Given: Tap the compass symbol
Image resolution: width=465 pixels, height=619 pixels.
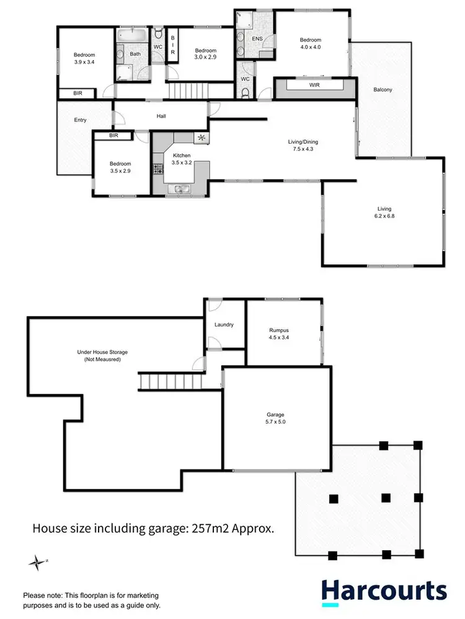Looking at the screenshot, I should (x=38, y=563).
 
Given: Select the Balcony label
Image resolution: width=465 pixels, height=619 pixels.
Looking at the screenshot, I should (x=383, y=90).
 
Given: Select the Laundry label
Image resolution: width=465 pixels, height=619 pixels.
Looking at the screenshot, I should (x=223, y=325).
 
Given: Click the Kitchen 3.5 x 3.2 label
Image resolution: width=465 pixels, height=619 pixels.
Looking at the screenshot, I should (x=182, y=159).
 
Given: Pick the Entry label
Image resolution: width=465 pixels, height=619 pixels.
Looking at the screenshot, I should (x=79, y=120).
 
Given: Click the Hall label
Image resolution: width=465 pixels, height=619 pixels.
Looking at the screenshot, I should (x=161, y=116).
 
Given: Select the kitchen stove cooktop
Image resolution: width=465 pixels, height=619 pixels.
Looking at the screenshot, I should (x=158, y=168).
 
